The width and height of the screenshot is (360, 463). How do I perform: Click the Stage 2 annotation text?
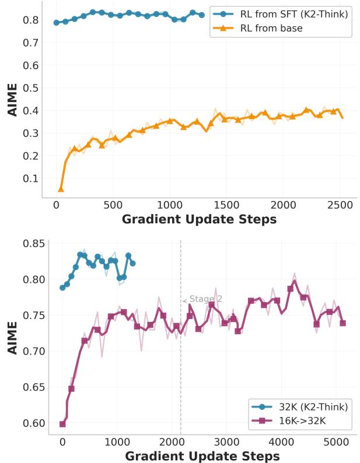coord(205,299)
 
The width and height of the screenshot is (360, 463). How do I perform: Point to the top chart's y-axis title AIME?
coord(13,100)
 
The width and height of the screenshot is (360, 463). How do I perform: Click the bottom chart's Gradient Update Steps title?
coord(202,455)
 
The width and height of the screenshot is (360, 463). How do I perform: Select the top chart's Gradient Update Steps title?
coord(199,220)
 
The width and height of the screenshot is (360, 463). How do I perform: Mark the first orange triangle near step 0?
coord(61,189)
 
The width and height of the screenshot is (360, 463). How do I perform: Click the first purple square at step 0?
coord(62,424)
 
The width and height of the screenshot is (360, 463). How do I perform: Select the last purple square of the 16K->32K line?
coord(342,323)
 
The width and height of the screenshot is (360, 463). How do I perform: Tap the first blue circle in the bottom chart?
coord(62,287)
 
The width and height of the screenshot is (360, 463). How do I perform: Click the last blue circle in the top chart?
coord(202,15)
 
